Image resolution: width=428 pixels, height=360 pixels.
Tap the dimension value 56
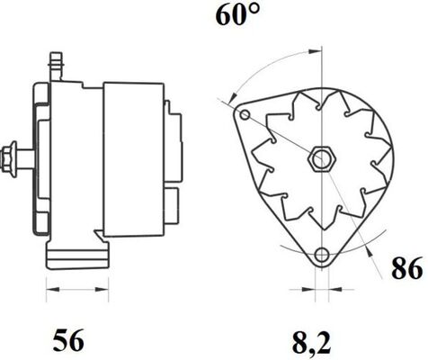point(68,341)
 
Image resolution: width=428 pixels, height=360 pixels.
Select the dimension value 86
point(407,269)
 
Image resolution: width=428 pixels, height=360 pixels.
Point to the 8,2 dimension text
point(311,342)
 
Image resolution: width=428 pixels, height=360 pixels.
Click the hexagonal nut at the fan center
point(322,158)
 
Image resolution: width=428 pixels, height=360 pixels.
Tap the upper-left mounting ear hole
point(245,114)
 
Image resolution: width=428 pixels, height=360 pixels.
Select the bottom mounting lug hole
point(322,255)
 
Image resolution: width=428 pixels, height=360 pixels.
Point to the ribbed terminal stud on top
point(56,67)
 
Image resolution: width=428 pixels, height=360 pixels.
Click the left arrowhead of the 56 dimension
point(52,290)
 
